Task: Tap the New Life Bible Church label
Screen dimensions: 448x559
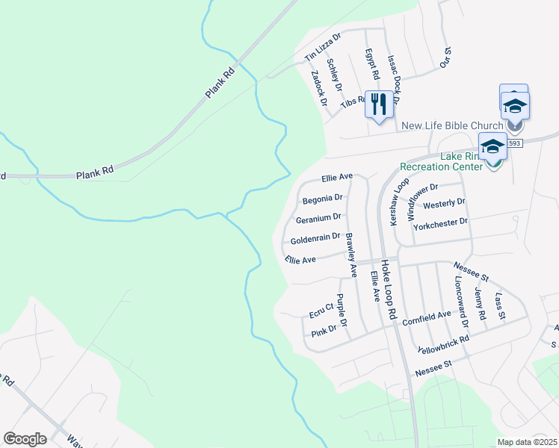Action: coord(453,126)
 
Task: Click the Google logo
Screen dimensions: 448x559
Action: coord(25,439)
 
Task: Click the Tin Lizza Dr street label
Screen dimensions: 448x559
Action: coord(322,47)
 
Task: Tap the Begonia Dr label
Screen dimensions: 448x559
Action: coord(322,199)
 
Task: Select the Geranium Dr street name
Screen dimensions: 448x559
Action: coord(318,218)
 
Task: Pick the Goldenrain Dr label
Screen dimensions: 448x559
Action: coord(315,240)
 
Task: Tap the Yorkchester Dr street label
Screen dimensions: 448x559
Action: coord(445,222)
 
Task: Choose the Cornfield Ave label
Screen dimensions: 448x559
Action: coord(427,317)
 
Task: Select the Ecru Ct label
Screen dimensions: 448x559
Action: coord(321,309)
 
